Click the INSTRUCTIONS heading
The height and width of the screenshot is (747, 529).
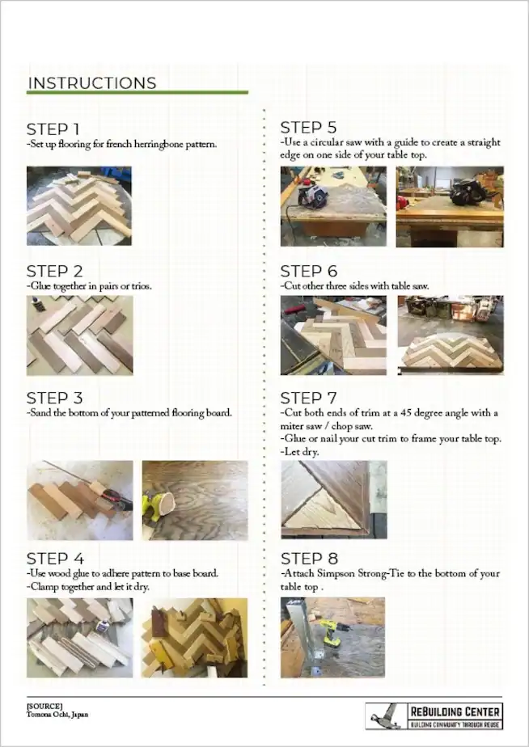[91, 82]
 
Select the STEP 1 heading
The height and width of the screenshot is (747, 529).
[53, 129]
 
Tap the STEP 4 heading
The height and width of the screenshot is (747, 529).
[53, 559]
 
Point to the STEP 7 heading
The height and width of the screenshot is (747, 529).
[308, 398]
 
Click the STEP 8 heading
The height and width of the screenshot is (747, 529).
[308, 559]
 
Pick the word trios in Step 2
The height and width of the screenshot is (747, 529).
[138, 286]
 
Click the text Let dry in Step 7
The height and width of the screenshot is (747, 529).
[302, 451]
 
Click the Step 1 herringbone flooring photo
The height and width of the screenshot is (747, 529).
[79, 205]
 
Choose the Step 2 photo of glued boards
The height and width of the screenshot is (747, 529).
[79, 334]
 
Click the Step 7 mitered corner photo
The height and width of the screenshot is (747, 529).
[333, 499]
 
